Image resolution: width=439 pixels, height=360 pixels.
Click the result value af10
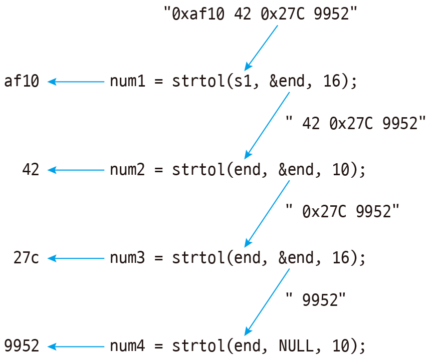tap(22, 81)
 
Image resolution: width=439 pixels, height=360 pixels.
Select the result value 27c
tap(26, 258)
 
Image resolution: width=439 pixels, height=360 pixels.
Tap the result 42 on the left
tap(31, 170)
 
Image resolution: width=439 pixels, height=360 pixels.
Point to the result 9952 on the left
tap(22, 346)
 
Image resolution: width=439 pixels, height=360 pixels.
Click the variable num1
tap(128, 81)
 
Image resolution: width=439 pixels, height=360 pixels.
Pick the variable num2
tap(128, 170)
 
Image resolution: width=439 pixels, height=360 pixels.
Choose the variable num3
tap(128, 258)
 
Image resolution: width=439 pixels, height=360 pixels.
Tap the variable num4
tap(128, 346)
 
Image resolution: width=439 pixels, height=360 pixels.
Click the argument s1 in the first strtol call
tap(243, 81)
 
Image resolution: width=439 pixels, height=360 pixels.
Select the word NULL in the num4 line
tap(296, 346)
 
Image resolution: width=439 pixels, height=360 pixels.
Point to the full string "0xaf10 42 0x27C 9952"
tap(261, 14)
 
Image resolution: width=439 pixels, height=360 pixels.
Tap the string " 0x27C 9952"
tap(342, 211)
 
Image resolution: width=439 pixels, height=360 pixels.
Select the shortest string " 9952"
tap(316, 299)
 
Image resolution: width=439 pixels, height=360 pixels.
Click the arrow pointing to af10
tap(76, 82)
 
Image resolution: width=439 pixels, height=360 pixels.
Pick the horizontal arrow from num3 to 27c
tap(76, 258)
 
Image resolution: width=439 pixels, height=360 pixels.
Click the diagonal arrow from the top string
tap(261, 48)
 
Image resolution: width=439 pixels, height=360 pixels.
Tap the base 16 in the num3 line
tap(340, 258)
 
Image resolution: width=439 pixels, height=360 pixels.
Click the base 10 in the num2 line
tap(340, 170)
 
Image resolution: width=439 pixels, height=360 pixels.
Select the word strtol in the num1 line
tap(198, 81)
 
